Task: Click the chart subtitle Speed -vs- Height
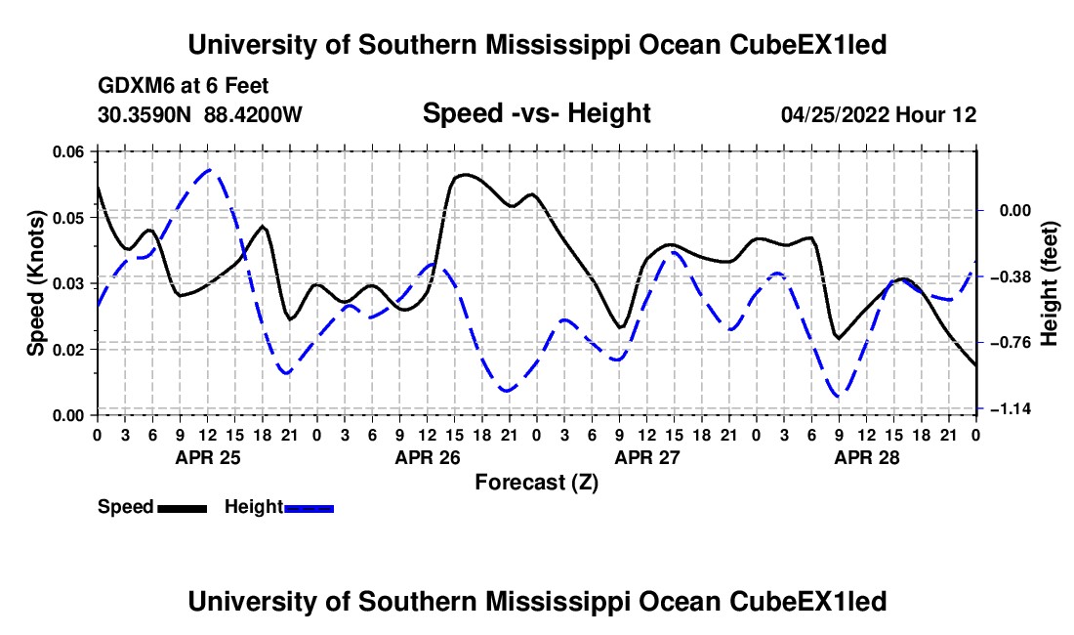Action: tap(536, 113)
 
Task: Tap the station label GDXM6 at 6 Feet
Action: tap(183, 86)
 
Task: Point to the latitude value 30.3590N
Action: tap(145, 114)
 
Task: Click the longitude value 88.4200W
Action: tap(253, 114)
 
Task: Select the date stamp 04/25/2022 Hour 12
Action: tap(879, 114)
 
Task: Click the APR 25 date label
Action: tap(208, 457)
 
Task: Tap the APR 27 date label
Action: tap(647, 457)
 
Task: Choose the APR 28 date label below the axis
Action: tap(866, 457)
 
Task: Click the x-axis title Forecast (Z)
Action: tap(537, 483)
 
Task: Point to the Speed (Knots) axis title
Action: tap(35, 283)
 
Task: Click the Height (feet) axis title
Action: tap(1049, 283)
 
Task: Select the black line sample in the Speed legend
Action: tap(183, 508)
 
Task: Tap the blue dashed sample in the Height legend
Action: tap(309, 508)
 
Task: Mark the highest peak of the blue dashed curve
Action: tap(210, 169)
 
